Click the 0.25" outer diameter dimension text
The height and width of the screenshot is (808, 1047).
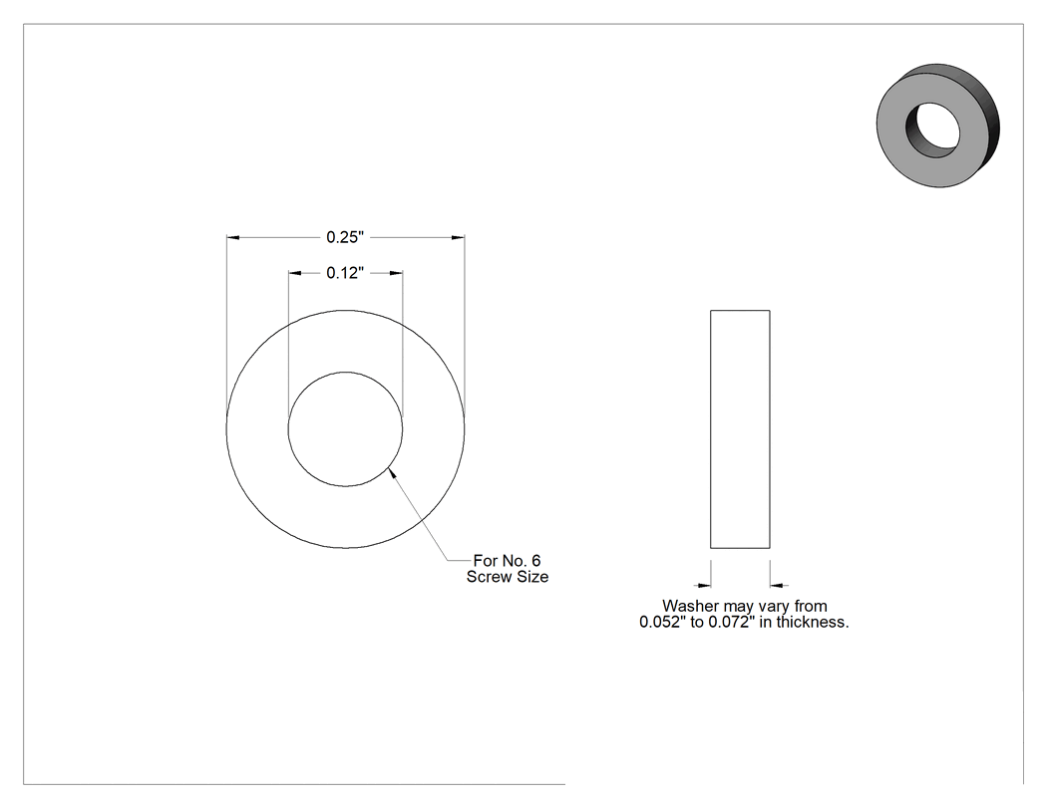click(345, 237)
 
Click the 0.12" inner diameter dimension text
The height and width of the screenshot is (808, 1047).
click(345, 273)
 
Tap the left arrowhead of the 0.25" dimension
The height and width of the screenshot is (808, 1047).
click(233, 237)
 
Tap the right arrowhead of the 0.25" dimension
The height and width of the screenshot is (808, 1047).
click(458, 237)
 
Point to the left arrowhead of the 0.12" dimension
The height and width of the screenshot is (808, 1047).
click(295, 273)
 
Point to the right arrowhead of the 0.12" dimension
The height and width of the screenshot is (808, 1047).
click(396, 273)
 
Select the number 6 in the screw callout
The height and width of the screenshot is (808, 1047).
click(535, 561)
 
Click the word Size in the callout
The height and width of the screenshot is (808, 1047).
click(532, 577)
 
